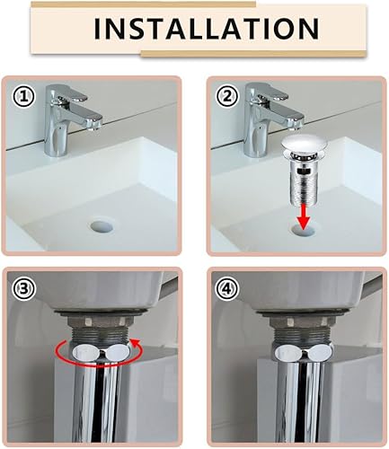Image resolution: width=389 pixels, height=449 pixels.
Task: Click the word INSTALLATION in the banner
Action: click(207, 29)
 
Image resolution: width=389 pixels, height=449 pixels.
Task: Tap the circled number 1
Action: click(23, 97)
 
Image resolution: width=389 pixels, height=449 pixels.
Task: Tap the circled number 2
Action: click(228, 97)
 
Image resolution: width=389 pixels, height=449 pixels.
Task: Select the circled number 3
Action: click(23, 289)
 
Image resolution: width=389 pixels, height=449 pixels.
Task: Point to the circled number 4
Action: click(228, 289)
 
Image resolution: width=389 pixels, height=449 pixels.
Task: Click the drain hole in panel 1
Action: click(102, 226)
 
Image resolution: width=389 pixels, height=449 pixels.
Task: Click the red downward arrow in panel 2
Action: click(304, 216)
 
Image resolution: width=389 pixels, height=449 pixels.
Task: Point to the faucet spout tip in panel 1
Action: click(94, 124)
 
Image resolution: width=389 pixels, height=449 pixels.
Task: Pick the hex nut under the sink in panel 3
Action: click(99, 322)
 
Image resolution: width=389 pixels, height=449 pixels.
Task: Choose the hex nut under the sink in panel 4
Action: click(300, 322)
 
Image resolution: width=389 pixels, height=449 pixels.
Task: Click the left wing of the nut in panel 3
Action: click(84, 352)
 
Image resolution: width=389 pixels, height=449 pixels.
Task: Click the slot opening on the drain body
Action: click(302, 172)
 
